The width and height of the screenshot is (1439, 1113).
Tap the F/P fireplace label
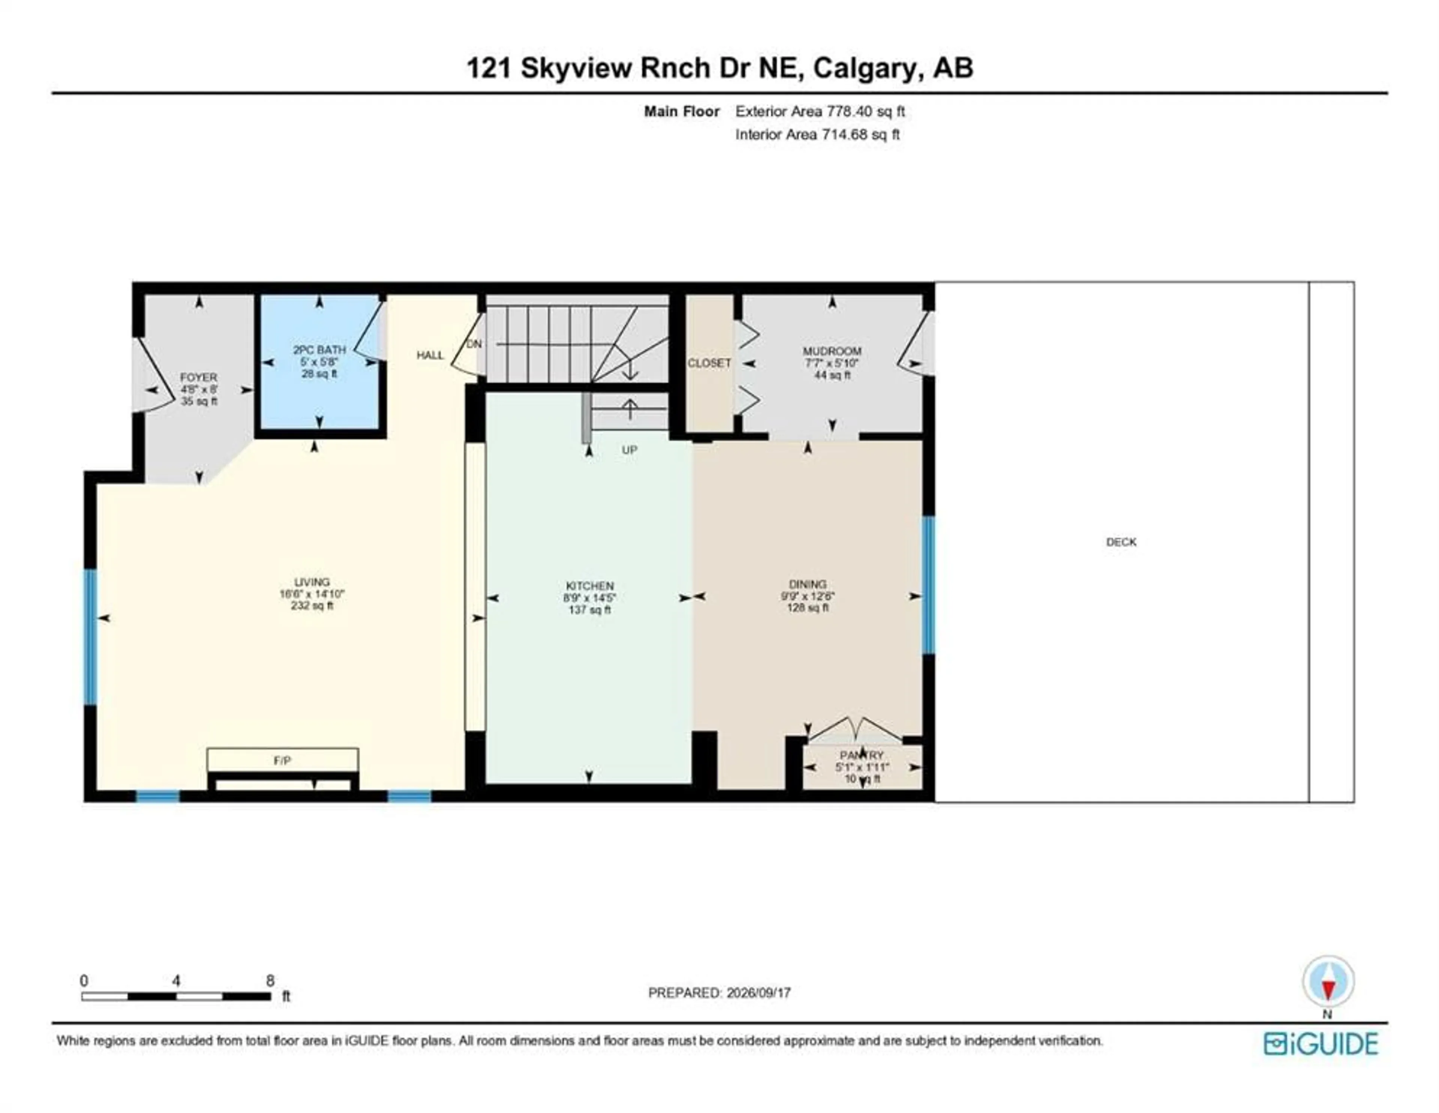[x=282, y=760]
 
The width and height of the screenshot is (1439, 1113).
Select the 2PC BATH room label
[x=320, y=350]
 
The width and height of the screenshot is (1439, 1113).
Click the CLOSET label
[x=709, y=363]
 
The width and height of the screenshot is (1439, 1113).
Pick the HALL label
[x=430, y=355]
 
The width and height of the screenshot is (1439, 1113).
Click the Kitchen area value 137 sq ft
[x=590, y=610]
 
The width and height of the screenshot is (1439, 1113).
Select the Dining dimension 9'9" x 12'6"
[x=808, y=596]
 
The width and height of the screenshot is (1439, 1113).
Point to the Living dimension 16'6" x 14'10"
[x=312, y=594]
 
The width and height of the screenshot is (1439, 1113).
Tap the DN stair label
[x=474, y=344]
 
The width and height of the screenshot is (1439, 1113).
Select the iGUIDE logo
[x=1321, y=1044]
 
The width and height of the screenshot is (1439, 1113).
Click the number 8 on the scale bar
[x=270, y=981]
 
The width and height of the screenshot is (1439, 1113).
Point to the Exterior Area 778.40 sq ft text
[x=820, y=111]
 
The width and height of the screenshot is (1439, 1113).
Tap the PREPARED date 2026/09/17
[x=758, y=992]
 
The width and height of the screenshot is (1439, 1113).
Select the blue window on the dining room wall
[x=928, y=585]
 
